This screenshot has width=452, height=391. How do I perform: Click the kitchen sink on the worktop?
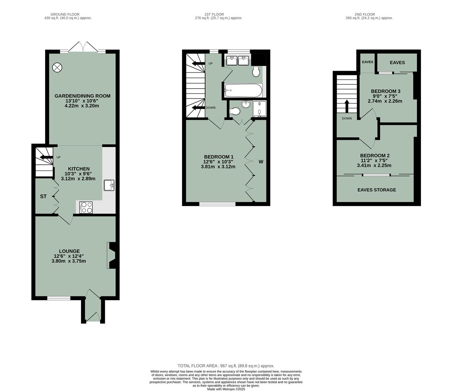tap(109, 185)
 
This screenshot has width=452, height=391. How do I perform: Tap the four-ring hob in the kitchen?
tap(86, 207)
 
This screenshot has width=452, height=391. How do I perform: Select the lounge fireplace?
tap(111, 255)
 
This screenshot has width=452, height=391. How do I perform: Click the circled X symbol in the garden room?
tap(57, 67)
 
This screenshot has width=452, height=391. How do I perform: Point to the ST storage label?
tap(43, 197)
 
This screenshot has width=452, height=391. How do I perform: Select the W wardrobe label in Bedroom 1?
tap(261, 162)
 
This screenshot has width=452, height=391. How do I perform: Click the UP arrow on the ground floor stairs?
tap(46, 157)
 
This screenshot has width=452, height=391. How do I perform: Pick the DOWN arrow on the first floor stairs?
tap(198, 108)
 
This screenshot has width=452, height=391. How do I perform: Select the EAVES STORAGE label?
tap(376, 190)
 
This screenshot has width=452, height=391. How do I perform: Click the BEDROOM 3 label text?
tap(386, 91)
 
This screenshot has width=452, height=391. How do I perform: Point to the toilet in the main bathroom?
tap(256, 72)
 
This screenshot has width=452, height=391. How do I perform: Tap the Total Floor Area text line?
tap(226, 366)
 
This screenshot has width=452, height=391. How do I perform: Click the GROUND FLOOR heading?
tap(65, 14)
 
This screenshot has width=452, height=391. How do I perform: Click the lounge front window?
tap(59, 298)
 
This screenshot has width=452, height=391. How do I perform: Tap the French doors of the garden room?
tap(83, 47)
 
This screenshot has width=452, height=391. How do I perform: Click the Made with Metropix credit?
tap(226, 389)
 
